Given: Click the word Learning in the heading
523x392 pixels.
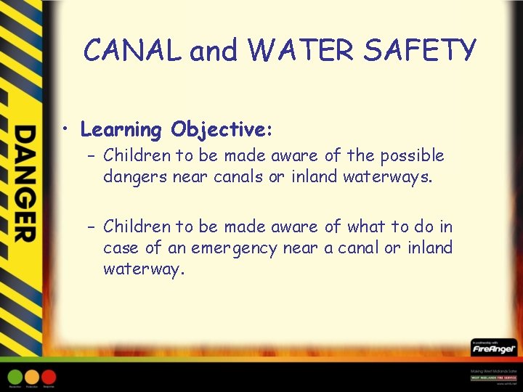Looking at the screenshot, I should [x=121, y=131].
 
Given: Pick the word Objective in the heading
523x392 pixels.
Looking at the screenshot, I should [x=220, y=131].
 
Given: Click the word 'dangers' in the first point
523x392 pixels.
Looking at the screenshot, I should [x=135, y=176].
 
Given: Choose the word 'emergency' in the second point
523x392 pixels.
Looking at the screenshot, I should [x=234, y=248].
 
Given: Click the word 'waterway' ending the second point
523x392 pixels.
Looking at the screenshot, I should [x=144, y=269].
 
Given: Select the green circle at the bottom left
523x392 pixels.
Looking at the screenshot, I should [x=15, y=377].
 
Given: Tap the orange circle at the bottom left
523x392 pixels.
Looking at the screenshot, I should [x=32, y=377].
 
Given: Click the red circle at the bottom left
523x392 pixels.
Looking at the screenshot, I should [x=49, y=377].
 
